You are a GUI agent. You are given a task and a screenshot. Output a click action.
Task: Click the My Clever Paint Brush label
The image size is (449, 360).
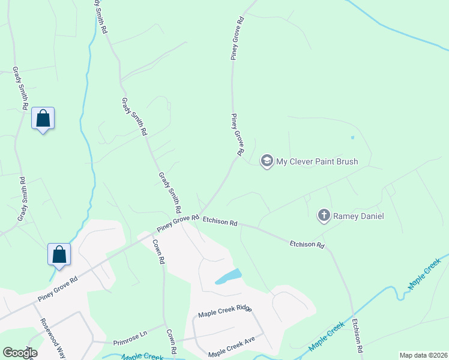tap(316, 161)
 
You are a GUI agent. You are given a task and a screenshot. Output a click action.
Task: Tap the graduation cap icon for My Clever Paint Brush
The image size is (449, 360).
tap(267, 161)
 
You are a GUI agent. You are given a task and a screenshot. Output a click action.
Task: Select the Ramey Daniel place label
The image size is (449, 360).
tap(358, 216)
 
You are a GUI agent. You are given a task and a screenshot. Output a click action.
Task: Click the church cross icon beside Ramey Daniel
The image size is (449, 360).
tap(324, 215)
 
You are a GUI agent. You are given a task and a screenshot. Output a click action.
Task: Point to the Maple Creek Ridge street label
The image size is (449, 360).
tap(225, 312)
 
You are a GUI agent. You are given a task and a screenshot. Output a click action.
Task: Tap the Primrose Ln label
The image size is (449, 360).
tap(130, 338)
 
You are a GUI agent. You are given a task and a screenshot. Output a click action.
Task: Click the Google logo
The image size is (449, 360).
tap(20, 352)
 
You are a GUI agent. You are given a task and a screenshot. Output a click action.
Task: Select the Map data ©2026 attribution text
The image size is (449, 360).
tap(423, 355)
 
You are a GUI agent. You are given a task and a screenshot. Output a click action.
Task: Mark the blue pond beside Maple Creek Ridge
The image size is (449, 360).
tap(228, 277)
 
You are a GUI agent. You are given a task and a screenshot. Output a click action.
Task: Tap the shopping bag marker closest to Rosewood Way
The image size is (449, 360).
tap(59, 254)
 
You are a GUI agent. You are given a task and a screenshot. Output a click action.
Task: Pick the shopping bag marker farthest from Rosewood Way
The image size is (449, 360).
tap(43, 118)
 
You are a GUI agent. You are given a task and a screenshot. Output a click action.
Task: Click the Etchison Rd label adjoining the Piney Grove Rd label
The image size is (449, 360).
tap(220, 221)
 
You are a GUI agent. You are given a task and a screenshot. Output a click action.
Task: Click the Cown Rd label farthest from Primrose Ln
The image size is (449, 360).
tap(158, 251)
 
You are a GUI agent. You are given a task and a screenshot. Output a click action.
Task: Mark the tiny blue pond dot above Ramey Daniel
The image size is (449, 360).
tap(352, 137)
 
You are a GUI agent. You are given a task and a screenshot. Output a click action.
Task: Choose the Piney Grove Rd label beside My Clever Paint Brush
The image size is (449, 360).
tap(237, 135)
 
